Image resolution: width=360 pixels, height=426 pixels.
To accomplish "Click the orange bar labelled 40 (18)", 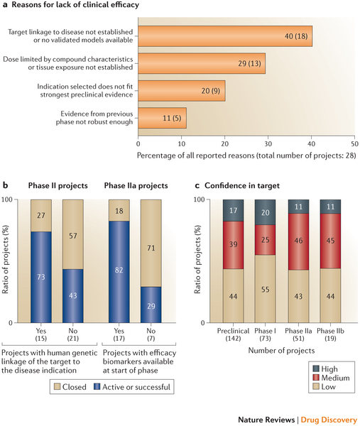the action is (225, 36).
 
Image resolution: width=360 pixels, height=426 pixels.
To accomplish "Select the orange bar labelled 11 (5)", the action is (162, 118).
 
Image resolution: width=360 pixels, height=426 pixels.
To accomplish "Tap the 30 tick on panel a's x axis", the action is (268, 143).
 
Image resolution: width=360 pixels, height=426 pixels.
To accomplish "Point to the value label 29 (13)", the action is (249, 63).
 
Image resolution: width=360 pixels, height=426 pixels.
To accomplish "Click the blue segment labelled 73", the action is (41, 277).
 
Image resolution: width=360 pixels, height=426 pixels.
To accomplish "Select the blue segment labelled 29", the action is (151, 305).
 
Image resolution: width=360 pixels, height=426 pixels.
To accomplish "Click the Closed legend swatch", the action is (57, 387).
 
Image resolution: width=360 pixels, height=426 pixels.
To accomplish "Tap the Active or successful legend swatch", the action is (97, 387).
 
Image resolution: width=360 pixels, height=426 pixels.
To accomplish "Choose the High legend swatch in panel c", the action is (316, 368).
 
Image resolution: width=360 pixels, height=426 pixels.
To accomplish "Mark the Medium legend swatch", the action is (316, 378).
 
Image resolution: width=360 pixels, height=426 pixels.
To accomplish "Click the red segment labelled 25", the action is (265, 240).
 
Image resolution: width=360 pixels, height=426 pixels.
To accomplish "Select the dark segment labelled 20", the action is (265, 212).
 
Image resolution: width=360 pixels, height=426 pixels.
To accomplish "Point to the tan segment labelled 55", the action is (265, 289).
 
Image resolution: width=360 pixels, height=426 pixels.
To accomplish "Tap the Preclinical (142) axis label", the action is (233, 334).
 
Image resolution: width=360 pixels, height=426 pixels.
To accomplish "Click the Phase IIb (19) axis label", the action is (330, 334).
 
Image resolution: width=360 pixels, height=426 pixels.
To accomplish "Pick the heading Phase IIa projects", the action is (136, 185).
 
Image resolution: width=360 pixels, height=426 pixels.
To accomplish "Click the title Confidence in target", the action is (242, 185).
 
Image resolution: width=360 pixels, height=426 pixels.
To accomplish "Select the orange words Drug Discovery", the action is (329, 420).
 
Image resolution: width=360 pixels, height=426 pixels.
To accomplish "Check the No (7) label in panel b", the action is (151, 334).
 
